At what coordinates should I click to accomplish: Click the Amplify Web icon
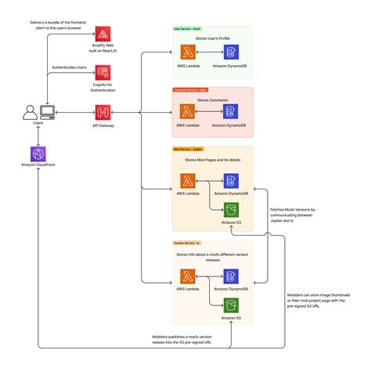point(103,34)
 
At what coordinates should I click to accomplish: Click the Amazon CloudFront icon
point(38,153)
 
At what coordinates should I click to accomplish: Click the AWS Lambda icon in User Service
point(188,52)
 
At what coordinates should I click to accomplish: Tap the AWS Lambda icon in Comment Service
point(188,112)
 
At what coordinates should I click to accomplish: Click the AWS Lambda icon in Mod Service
point(188,180)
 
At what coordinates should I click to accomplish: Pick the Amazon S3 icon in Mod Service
point(231,209)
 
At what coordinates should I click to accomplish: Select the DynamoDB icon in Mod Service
point(231,180)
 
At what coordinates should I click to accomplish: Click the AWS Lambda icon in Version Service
point(188,276)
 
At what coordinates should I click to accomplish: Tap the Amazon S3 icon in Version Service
point(231,305)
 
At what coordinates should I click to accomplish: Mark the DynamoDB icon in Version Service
point(231,276)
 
